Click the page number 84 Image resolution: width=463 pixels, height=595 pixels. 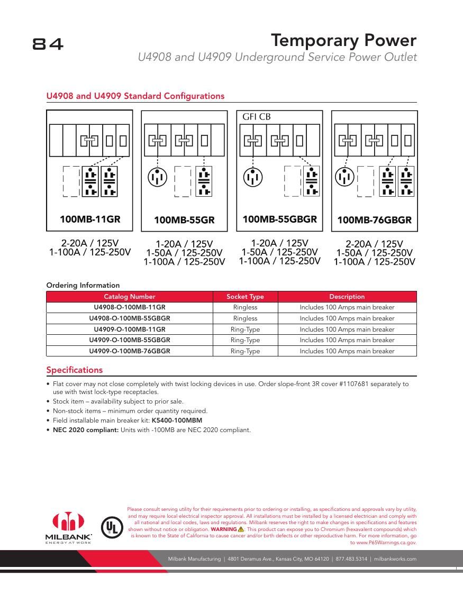coord(48,44)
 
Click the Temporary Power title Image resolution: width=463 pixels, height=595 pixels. coord(343,41)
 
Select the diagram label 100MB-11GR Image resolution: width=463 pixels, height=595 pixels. coord(89,219)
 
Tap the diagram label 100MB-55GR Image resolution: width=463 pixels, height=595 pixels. coord(184,220)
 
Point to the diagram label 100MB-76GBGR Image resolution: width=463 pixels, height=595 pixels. coord(374,220)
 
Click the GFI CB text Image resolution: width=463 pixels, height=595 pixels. coord(256,117)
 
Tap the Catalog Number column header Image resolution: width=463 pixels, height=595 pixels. coord(130,297)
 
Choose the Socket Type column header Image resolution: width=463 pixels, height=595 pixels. coord(245,297)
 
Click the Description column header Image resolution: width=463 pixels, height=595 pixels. coord(347,297)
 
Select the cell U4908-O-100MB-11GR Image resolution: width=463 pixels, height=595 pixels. coord(130,307)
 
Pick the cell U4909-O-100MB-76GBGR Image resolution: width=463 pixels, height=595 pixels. coord(130,351)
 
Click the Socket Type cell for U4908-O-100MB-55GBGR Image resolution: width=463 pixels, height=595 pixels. coord(245,318)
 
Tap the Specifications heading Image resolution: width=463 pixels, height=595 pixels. coord(75,370)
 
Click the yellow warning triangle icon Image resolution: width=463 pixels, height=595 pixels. coord(241,529)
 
